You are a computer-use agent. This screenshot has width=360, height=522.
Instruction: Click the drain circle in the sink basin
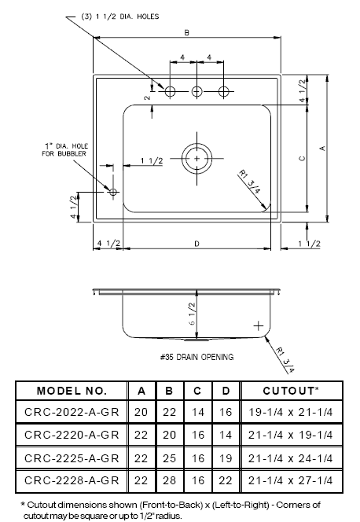[x=197, y=157]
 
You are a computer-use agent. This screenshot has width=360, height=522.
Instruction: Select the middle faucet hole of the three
[x=197, y=92]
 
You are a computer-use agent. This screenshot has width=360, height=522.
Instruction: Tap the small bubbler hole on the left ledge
[x=113, y=192]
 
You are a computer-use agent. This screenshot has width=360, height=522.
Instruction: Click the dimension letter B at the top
[x=186, y=33]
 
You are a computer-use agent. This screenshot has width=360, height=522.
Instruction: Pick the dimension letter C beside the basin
[x=302, y=157]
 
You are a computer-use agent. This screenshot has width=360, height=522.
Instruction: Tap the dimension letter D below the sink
[x=196, y=244]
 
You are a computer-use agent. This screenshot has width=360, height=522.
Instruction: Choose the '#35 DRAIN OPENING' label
[x=197, y=357]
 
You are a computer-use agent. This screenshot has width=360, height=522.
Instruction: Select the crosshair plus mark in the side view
[x=258, y=324]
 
